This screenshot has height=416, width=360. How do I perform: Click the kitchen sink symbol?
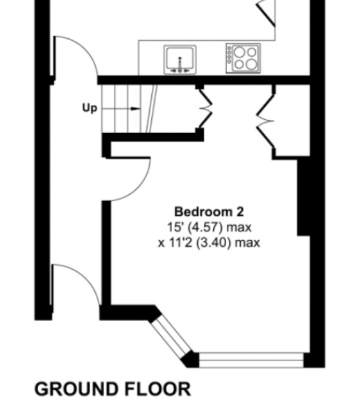(x=180, y=58)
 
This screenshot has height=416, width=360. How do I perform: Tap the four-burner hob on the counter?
(x=243, y=58)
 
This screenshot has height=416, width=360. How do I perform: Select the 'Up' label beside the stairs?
(x=89, y=108)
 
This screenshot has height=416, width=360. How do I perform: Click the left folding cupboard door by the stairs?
(x=205, y=107)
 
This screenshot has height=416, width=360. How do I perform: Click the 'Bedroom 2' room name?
(x=209, y=211)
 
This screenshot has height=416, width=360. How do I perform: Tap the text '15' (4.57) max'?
(x=209, y=227)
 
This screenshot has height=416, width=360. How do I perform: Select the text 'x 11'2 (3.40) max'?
(x=209, y=242)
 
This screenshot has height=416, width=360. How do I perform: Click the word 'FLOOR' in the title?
(x=159, y=390)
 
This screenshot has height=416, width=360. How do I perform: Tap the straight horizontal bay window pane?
(x=250, y=359)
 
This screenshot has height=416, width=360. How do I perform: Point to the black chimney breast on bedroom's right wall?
(x=304, y=198)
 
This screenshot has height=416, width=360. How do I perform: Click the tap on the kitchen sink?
(x=180, y=67)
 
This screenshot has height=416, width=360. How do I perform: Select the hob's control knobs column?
(x=230, y=58)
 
